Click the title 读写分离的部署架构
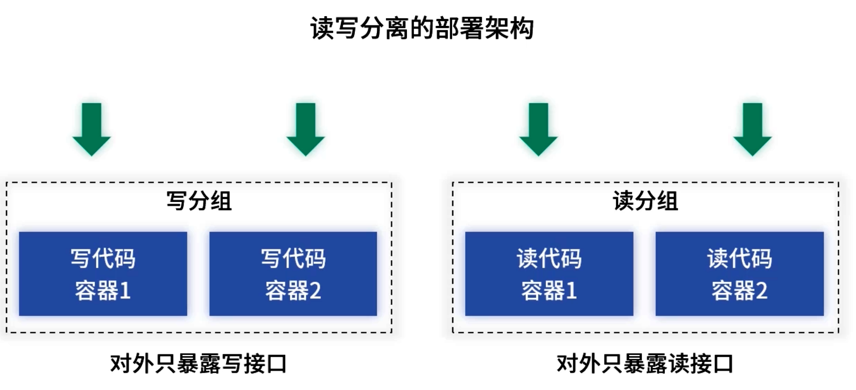coord(422,29)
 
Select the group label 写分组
coord(199,201)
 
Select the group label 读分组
coord(645,201)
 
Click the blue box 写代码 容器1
coord(103,274)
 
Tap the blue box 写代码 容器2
coord(293,274)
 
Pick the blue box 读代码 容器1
coord(549,274)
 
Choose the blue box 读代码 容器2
coord(739,274)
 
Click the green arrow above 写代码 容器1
coord(92,129)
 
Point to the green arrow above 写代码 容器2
coord(306,129)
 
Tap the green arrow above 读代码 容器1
coord(538,129)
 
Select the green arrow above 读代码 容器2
coord(753,129)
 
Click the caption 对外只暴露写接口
coord(198,364)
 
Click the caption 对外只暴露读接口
coord(644,364)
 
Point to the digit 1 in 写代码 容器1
coord(125,291)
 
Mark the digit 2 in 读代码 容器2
coord(761,291)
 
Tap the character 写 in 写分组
coord(177,201)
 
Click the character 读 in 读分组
coord(623,201)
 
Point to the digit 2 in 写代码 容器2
coord(315,291)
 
